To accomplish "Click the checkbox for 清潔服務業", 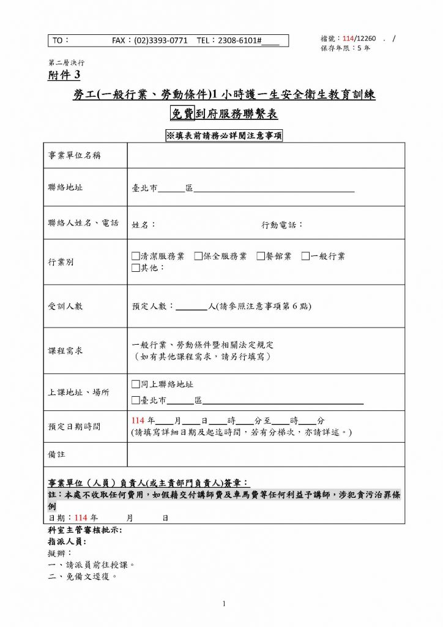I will [136, 256].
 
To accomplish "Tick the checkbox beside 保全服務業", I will [198, 256].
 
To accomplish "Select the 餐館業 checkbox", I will [261, 256].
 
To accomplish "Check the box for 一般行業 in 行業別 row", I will [305, 256].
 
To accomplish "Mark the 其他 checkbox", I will [136, 268].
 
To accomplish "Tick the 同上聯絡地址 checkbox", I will [136, 385].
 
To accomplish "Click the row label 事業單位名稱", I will [75, 156].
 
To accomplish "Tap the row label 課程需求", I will [65, 351].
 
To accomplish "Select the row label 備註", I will [56, 455].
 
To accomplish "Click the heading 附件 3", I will [64, 75].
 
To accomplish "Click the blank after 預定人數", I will [191, 306].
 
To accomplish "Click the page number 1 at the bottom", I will [224, 604].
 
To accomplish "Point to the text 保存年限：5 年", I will [345, 48].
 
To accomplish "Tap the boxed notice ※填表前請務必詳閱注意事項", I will [224, 136].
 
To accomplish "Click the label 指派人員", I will [67, 542].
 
